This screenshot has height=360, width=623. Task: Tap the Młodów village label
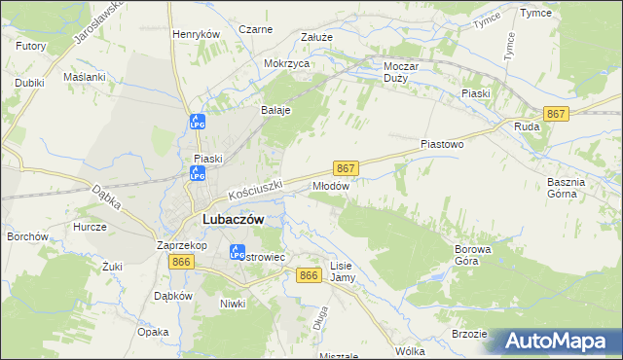[330, 185]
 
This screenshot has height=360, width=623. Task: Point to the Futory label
[31, 46]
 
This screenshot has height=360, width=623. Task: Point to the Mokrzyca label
[286, 63]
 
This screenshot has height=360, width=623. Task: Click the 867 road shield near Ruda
[556, 114]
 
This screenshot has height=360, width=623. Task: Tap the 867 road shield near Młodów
[347, 167]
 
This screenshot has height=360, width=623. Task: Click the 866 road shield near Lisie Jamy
[310, 276]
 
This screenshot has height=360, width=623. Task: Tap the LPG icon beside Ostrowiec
[237, 253]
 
